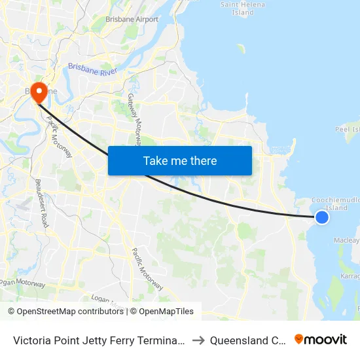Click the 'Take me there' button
click(x=180, y=160)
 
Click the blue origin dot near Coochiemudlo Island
click(x=322, y=217)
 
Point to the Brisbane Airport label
click(x=132, y=20)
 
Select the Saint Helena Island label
click(x=242, y=8)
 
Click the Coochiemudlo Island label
click(x=336, y=204)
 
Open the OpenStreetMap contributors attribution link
click(x=71, y=312)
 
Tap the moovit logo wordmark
click(x=326, y=339)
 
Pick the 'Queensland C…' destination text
click(x=252, y=340)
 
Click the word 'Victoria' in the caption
click(x=31, y=340)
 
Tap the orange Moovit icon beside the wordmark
click(x=299, y=339)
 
